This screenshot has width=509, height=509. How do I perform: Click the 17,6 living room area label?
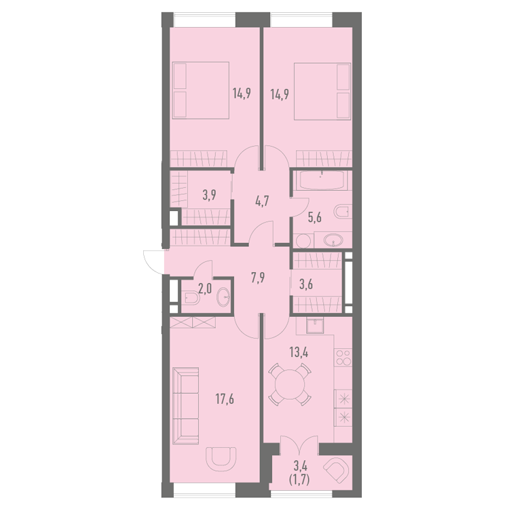[225, 399]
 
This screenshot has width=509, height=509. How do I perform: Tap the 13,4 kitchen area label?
[299, 352]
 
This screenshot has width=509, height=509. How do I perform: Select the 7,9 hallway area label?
[258, 278]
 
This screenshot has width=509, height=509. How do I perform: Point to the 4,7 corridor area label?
[261, 202]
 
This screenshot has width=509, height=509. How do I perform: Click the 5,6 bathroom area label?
[314, 217]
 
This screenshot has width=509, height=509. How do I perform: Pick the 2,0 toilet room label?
[205, 288]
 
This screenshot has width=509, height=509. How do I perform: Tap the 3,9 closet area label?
[210, 195]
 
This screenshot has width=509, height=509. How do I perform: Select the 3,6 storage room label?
[306, 284]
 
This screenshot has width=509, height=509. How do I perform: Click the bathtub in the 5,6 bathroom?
[322, 180]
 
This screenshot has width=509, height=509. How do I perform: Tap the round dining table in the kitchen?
[290, 385]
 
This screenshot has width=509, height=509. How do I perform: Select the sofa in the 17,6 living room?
[186, 405]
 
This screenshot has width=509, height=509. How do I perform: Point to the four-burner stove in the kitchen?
[343, 358]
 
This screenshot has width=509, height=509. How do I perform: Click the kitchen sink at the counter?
[314, 326]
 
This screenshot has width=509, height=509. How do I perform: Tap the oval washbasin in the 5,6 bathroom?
[333, 240]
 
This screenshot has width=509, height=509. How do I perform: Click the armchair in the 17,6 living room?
[221, 459]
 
